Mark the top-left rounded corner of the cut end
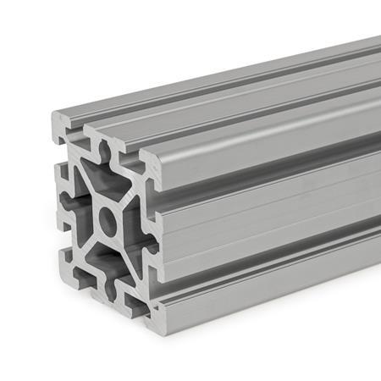(x=55, y=119)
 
